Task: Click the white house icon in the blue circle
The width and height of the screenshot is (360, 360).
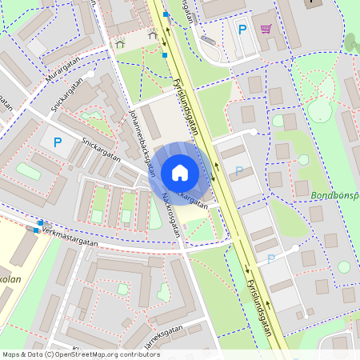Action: (x=179, y=172)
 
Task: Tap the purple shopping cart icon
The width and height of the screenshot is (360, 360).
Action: (x=266, y=30)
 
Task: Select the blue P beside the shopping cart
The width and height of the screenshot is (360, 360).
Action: (x=242, y=30)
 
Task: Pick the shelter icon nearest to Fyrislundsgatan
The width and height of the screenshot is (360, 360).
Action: (x=153, y=34)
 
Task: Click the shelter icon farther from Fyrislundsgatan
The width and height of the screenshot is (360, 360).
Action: (x=120, y=45)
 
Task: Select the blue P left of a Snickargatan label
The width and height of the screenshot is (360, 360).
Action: (x=57, y=142)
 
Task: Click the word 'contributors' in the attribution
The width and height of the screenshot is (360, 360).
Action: (x=138, y=354)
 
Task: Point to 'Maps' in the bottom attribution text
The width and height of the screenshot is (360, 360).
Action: (x=11, y=354)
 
